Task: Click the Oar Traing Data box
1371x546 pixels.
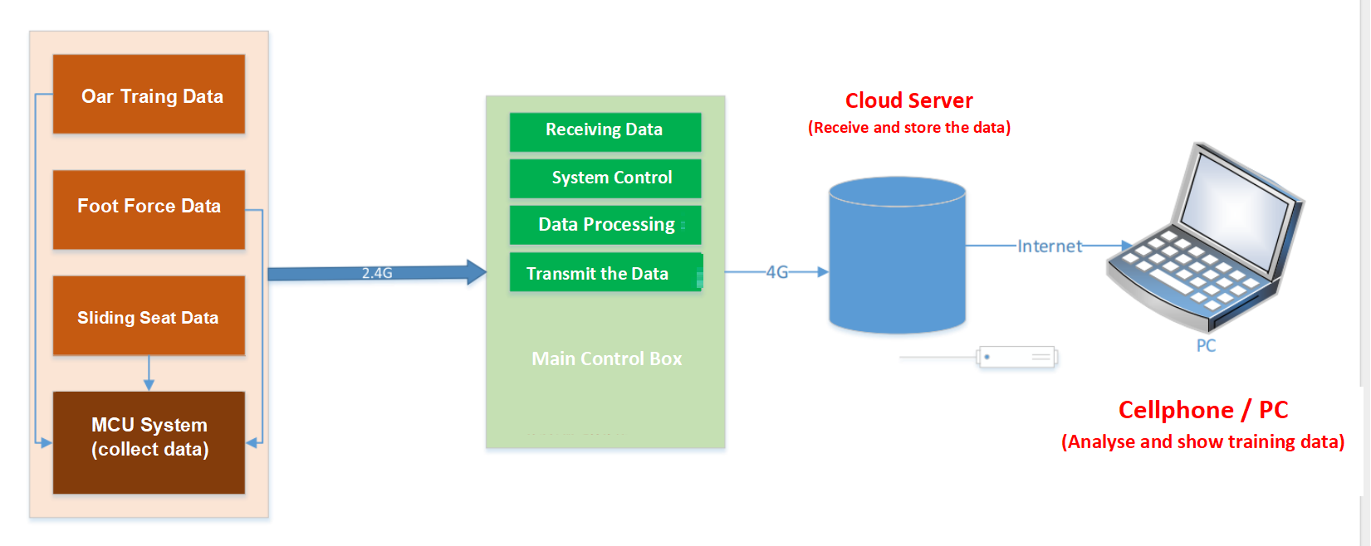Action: coord(149,95)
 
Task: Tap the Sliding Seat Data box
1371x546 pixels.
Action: coord(149,316)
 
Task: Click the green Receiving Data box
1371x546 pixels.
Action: coord(605,131)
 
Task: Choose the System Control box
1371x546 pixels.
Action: coord(605,178)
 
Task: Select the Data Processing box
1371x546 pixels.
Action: coord(605,225)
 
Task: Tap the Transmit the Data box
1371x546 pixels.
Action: coord(605,273)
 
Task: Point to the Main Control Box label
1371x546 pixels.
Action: coord(606,358)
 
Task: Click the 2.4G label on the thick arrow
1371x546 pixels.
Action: coord(377,272)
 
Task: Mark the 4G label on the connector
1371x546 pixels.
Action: coord(776,272)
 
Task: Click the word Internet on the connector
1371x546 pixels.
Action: coord(1050,246)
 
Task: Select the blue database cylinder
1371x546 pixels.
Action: coord(897,257)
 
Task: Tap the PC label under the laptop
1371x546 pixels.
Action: coord(1206,345)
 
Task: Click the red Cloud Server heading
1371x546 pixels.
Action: coord(908,100)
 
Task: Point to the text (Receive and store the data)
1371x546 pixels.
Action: coord(908,128)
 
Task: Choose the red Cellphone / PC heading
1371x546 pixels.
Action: coord(1202,410)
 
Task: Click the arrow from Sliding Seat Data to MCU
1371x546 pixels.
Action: coord(149,374)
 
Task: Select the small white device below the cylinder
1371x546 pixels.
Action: coord(1016,358)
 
